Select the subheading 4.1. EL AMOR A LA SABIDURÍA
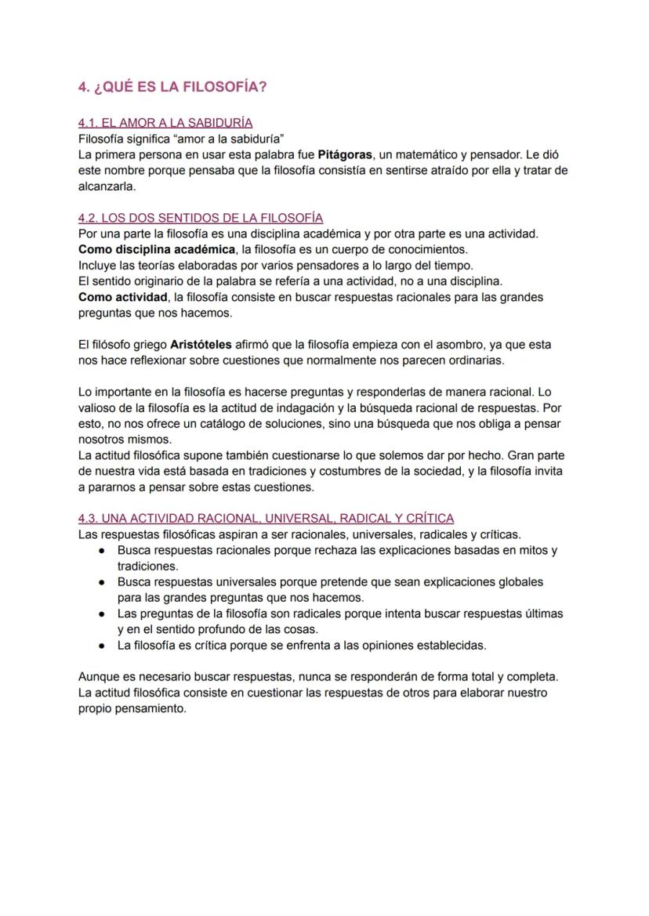165,123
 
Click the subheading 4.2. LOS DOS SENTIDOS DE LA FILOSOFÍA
201,218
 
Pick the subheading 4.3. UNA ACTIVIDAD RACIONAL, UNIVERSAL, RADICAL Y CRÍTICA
266,519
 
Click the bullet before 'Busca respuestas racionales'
102,551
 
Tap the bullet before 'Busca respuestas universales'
102,583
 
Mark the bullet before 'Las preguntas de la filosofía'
102,614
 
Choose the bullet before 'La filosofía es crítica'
102,646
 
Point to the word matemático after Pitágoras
412,154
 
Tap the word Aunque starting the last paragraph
98,677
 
